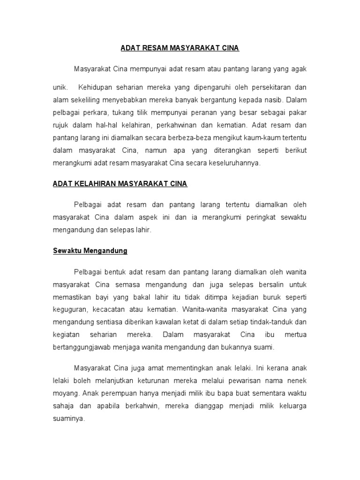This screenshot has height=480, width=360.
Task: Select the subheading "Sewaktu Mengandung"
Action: (90, 251)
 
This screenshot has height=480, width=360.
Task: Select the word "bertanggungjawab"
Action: (81, 348)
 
